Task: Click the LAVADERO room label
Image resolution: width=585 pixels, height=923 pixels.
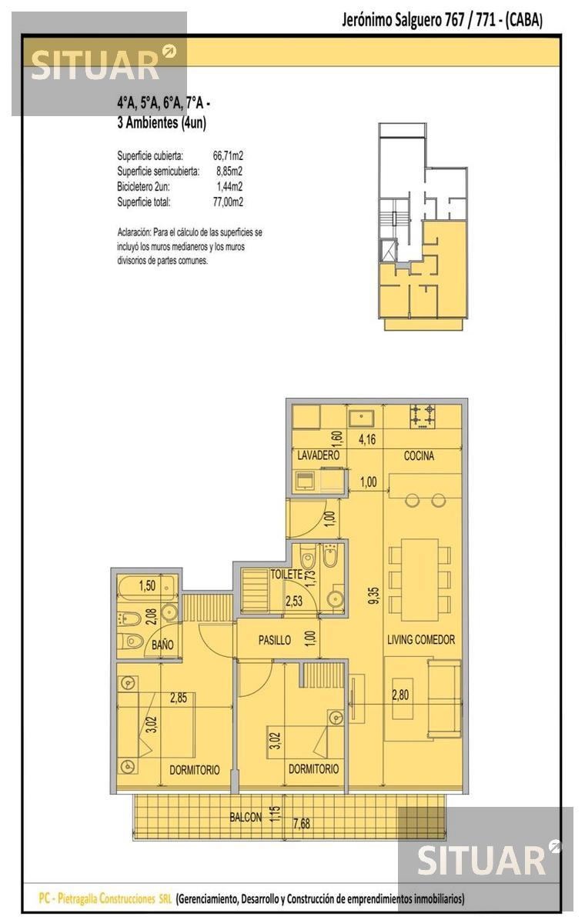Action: tap(318, 455)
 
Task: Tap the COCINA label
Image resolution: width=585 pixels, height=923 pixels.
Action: tap(419, 455)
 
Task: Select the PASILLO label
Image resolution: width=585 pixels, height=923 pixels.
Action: tap(275, 640)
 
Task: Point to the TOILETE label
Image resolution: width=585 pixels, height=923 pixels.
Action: tap(286, 575)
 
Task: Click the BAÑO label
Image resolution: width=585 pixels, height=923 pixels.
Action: tap(162, 645)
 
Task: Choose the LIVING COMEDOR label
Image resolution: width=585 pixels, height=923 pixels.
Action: tap(421, 639)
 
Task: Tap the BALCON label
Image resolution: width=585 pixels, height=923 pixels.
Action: tap(246, 817)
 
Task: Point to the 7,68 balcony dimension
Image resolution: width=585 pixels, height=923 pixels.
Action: tap(302, 824)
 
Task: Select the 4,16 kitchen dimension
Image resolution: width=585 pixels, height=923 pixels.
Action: tap(367, 439)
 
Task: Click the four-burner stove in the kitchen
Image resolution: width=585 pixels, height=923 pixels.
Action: tap(422, 417)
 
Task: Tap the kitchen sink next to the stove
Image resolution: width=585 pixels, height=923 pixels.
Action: tap(362, 418)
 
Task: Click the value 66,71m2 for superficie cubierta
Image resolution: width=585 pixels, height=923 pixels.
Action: tap(228, 155)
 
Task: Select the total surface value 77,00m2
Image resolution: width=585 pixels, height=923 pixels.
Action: tap(228, 202)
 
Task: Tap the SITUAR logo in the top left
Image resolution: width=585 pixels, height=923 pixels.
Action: tap(99, 64)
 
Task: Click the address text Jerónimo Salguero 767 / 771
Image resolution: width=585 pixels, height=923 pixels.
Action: tap(419, 20)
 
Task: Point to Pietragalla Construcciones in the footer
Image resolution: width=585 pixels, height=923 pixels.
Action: tap(106, 898)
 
